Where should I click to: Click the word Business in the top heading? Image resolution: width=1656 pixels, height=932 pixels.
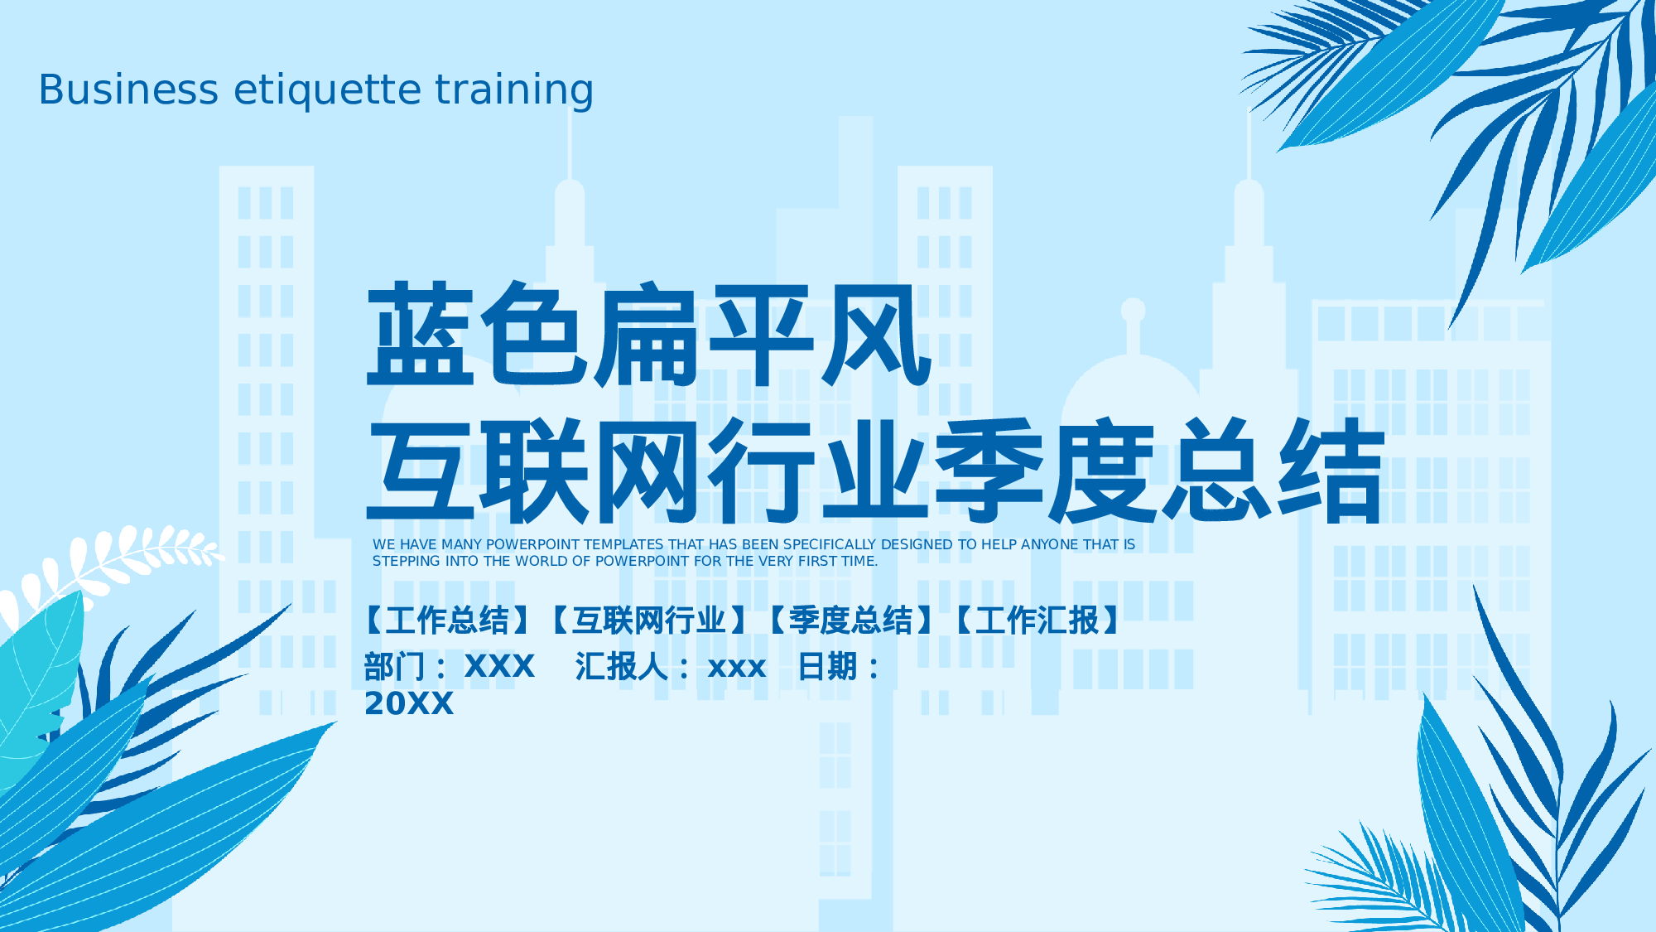click(128, 89)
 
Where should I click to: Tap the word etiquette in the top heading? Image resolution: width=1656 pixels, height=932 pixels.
click(328, 89)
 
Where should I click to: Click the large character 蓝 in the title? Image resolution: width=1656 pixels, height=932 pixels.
click(421, 335)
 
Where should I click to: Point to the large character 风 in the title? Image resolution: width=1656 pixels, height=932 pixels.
click(876, 335)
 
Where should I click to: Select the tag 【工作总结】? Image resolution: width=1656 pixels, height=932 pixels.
click(448, 621)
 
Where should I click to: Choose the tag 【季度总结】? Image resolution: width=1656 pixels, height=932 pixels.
click(850, 621)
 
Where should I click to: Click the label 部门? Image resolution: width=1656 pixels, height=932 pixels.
click(394, 666)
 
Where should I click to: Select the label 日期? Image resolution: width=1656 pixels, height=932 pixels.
click(826, 666)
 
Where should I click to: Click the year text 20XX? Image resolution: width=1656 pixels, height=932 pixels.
click(409, 704)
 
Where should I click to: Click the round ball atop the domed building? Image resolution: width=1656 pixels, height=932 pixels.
click(1133, 311)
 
